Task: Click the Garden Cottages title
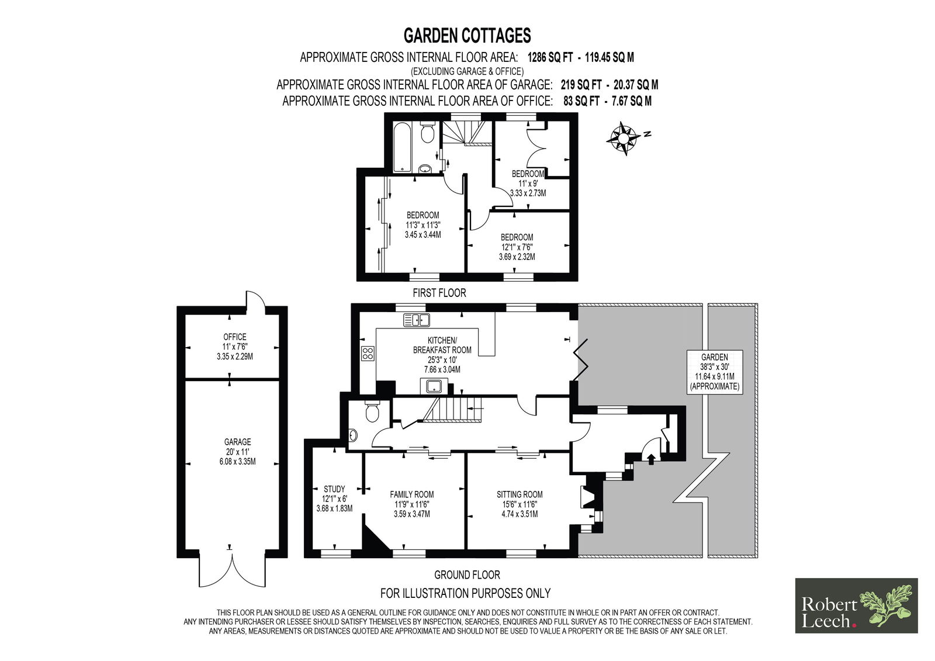click(467, 36)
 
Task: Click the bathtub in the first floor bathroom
click(403, 147)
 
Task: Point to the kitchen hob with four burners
click(368, 353)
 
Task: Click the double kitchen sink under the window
click(416, 320)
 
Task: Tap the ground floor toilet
click(371, 411)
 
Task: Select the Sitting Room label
click(520, 504)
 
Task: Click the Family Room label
click(411, 504)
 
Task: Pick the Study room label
click(334, 499)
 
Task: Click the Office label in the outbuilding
click(234, 347)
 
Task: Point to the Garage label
click(237, 451)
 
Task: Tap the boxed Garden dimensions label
click(715, 372)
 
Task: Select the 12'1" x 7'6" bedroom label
click(517, 247)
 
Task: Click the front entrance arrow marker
click(651, 459)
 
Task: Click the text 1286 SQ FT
click(550, 57)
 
